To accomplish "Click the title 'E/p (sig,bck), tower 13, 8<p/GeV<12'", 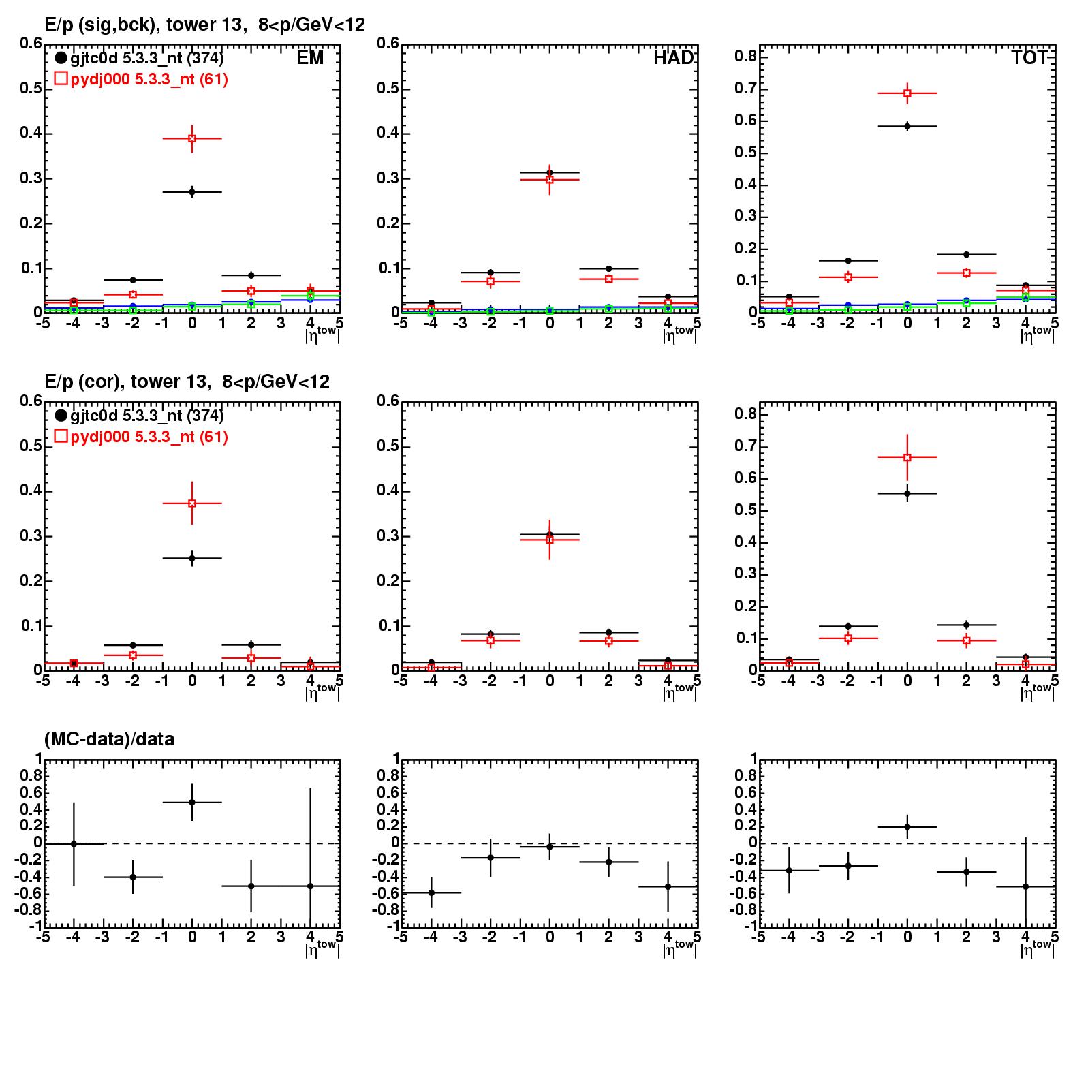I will point(204,25).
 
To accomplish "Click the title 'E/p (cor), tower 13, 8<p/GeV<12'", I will point(187,382).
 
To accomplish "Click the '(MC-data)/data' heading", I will point(109,739).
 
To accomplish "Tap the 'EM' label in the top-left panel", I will point(310,59).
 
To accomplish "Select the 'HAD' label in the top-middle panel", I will point(673,59).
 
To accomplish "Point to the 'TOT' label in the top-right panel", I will point(1029,59).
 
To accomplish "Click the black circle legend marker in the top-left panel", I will point(61,59).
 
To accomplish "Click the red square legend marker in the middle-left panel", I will point(61,436).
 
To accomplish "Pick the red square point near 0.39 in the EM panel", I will point(192,139).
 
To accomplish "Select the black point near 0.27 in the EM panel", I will point(192,192).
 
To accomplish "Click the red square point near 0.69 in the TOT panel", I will point(907,93).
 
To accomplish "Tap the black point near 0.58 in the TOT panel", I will point(907,126).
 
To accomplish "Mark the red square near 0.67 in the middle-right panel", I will point(907,458).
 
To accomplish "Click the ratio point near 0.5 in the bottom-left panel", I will point(192,803).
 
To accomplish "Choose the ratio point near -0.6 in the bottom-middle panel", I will point(431,892).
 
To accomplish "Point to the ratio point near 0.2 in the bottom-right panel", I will point(907,827).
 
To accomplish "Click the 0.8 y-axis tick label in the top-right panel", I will point(745,57).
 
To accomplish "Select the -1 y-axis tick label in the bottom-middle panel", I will point(390,927).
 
